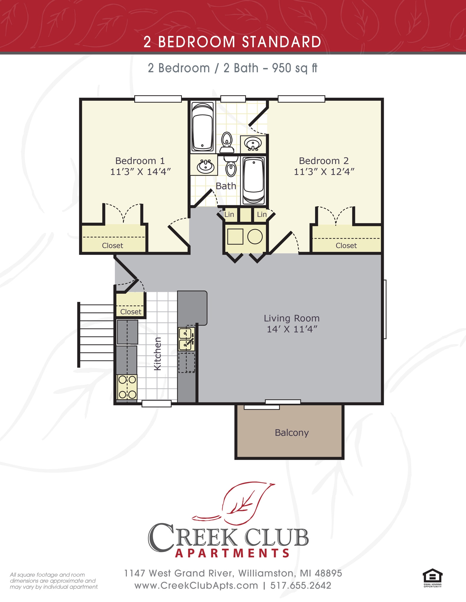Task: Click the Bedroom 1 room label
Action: (140, 161)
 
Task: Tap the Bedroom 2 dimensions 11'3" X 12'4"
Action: (324, 172)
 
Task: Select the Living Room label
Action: (291, 318)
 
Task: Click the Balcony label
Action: (291, 433)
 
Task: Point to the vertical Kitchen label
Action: (158, 354)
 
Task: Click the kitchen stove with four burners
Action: (127, 387)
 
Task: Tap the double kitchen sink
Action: (186, 339)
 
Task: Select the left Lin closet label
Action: (229, 215)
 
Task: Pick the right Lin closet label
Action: (261, 215)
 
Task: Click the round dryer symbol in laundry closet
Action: (255, 237)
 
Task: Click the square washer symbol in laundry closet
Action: (235, 237)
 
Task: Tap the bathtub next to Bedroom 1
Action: (202, 127)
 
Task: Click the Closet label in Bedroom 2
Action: (346, 246)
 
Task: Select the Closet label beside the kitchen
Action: (131, 312)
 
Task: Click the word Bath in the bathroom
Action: (226, 186)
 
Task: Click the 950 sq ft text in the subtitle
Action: (294, 68)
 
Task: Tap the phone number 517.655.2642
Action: (301, 586)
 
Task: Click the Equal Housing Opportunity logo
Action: (432, 578)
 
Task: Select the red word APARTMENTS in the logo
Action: (233, 553)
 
